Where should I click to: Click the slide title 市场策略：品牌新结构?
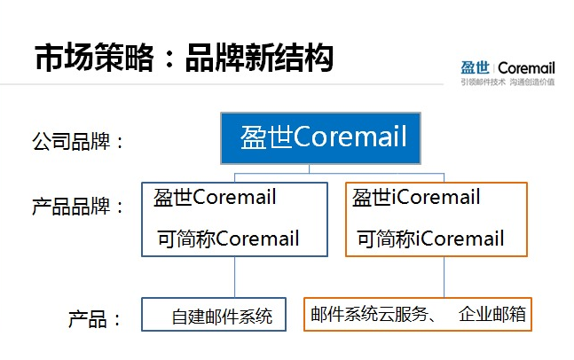click(185, 57)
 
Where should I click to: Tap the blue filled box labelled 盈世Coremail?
click(320, 138)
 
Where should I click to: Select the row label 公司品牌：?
click(78, 141)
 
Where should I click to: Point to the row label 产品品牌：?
click(78, 206)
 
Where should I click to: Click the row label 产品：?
click(94, 318)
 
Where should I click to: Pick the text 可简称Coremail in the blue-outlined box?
click(228, 239)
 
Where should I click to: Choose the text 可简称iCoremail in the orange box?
click(430, 239)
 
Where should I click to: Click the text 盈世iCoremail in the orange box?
click(416, 197)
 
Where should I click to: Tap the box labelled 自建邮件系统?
click(214, 315)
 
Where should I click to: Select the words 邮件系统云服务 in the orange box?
click(369, 314)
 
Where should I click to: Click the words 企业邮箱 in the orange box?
click(492, 314)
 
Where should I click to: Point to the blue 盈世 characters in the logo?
click(475, 67)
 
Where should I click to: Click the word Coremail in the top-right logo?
click(526, 68)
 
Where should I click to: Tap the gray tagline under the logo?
click(507, 82)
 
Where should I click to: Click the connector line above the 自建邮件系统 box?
click(234, 277)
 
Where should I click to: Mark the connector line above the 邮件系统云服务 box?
click(444, 277)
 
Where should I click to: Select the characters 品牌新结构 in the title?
click(260, 57)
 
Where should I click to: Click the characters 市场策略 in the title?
click(94, 57)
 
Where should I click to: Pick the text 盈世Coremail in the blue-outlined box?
click(215, 197)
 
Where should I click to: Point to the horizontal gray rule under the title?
click(222, 84)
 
